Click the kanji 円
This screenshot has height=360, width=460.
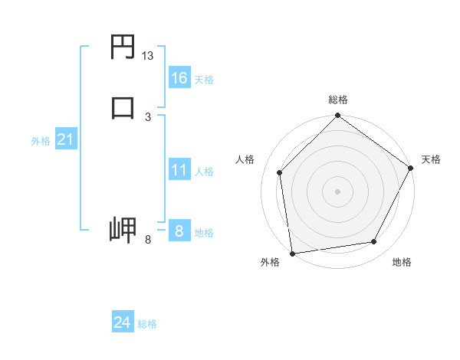[123, 48]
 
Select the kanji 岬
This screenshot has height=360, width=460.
[123, 230]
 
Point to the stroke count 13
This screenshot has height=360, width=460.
[148, 56]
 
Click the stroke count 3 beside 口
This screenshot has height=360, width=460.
[148, 116]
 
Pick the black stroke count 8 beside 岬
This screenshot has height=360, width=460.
[148, 240]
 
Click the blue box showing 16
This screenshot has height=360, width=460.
[179, 77]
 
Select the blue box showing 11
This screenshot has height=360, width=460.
[179, 170]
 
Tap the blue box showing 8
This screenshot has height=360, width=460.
[179, 231]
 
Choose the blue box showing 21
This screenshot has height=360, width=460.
[65, 139]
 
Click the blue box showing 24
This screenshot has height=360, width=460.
[122, 322]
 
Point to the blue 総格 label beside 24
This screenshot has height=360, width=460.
[147, 324]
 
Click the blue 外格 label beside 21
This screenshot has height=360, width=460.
[41, 141]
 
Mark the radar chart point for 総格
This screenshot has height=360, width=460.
[337, 116]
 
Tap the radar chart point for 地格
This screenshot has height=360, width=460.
[374, 242]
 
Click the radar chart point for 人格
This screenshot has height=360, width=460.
[280, 172]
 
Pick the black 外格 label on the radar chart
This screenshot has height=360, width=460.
[270, 263]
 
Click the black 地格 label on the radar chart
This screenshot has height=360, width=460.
[402, 263]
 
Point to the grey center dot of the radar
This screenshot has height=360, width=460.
[337, 191]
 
